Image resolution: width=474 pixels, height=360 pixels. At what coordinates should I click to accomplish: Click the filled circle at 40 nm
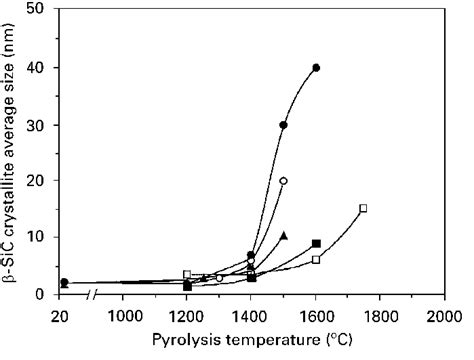316,68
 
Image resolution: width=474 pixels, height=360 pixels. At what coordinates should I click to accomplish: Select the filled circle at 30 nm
284,125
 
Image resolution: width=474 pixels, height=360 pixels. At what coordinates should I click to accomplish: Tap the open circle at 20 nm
284,181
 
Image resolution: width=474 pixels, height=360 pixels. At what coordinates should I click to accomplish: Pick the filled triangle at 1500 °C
284,236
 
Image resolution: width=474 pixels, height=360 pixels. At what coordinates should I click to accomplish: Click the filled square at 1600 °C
316,243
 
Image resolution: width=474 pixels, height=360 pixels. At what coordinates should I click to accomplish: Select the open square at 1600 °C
316,259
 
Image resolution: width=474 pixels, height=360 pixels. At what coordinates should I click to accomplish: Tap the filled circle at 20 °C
65,283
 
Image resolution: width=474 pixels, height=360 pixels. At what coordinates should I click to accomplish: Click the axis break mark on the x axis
94,295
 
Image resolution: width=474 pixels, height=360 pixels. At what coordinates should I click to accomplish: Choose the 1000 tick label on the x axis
123,315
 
